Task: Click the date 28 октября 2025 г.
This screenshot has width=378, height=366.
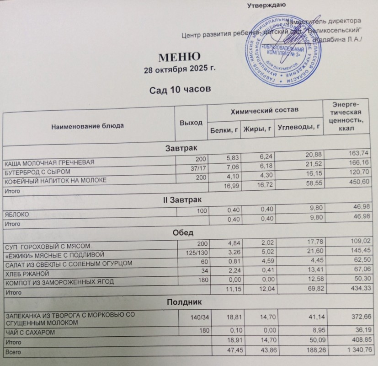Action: click(179, 70)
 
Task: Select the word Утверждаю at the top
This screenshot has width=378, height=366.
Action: click(266, 6)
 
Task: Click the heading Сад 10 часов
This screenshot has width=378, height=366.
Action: click(180, 90)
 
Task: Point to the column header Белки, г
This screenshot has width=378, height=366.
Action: click(224, 129)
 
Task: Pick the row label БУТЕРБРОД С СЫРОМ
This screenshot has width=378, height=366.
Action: click(37, 172)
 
